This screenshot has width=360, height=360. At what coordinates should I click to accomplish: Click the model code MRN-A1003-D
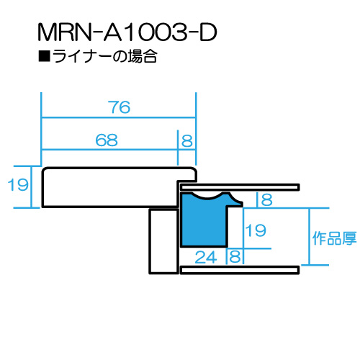pos(127,32)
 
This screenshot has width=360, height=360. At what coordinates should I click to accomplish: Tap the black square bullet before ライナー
pos(44,56)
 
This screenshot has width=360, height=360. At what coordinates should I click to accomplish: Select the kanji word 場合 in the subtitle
pos(143,56)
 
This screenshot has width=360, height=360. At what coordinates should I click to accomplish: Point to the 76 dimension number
pos(119,107)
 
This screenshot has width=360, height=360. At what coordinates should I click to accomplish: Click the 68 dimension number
pos(107,140)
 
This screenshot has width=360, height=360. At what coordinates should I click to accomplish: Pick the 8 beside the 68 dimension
pos(187,141)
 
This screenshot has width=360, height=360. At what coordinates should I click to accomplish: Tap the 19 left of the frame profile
pos(18,185)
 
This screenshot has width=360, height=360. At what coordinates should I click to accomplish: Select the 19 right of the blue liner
pos(256,230)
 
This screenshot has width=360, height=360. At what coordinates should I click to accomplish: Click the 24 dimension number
pos(206,257)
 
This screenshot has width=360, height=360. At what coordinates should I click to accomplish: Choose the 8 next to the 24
pos(235,256)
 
